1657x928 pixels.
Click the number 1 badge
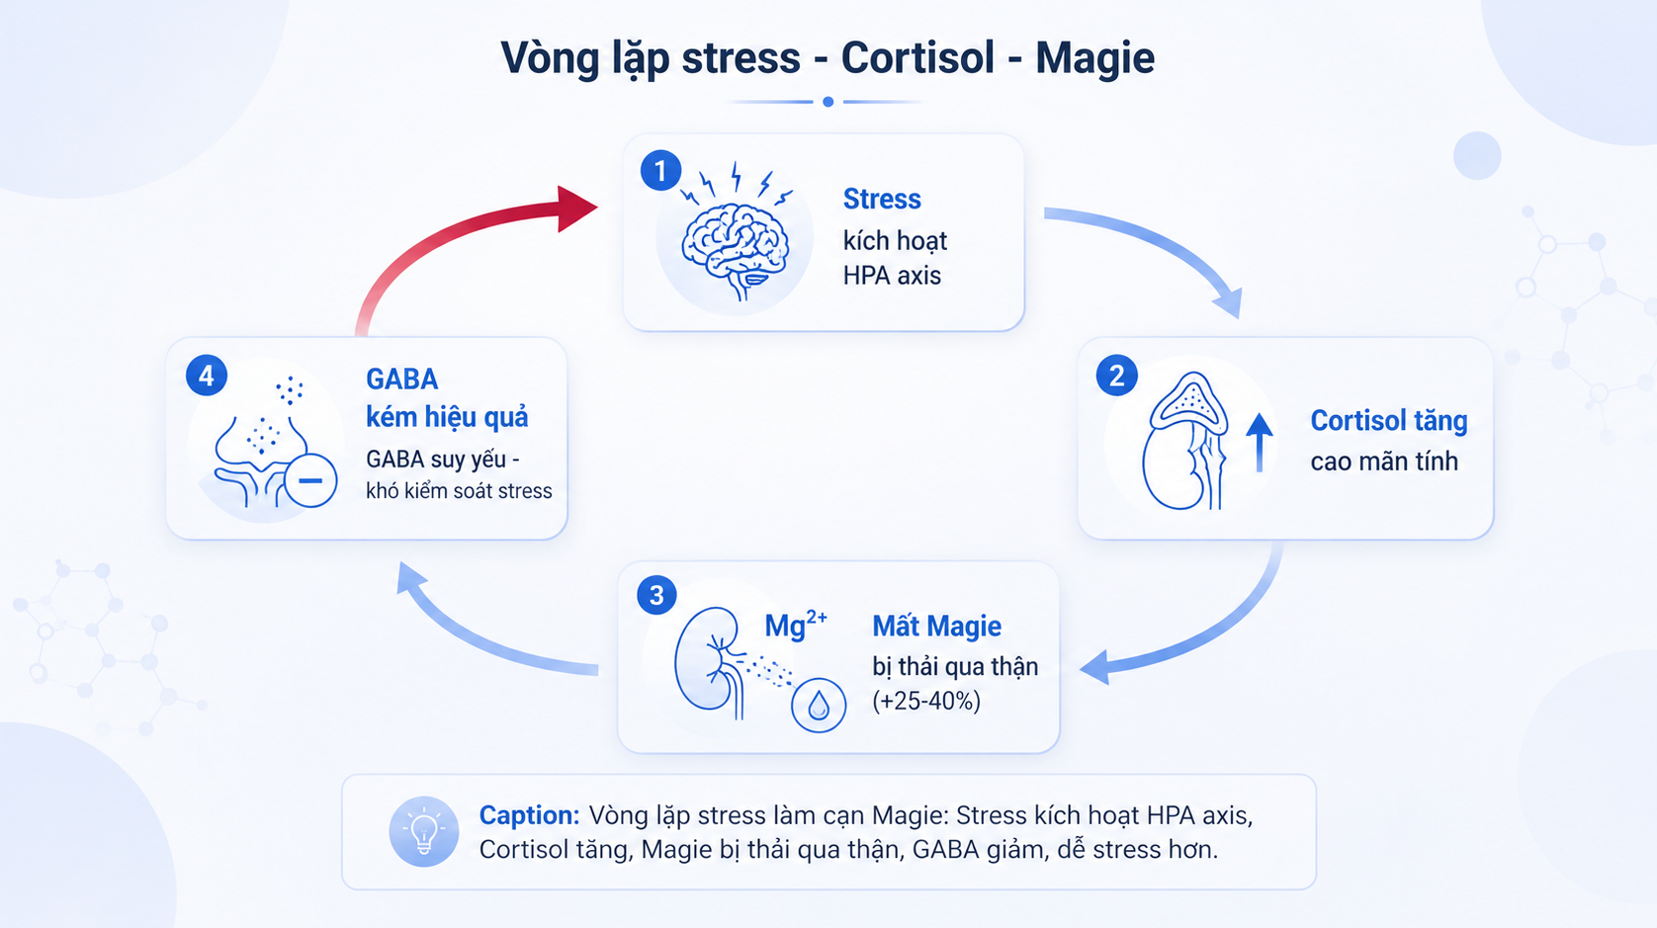point(660,171)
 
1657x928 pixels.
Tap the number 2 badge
point(1116,376)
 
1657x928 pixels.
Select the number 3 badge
point(656,595)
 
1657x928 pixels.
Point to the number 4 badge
point(207,376)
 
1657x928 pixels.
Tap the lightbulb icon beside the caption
point(424,831)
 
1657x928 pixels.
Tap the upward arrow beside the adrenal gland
point(1259,442)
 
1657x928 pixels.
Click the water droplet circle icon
point(819,706)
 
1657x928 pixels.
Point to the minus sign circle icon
point(310,480)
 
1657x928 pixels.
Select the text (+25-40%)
point(926,701)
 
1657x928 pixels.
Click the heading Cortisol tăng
point(1388,420)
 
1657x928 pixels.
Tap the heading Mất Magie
point(936,626)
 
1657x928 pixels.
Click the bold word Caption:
point(529,815)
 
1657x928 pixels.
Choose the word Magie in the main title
point(1094,58)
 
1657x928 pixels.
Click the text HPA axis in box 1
point(892,275)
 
